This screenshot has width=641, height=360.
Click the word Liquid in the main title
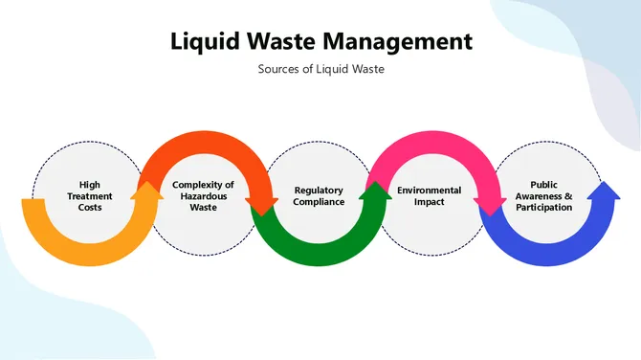coord(205,42)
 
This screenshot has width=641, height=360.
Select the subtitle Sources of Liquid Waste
coord(320,69)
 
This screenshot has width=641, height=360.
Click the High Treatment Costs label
coord(89,195)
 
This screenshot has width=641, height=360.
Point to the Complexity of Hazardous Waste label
coord(203,195)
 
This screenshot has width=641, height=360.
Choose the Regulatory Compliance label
coord(319,195)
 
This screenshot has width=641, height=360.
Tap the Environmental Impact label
coord(430,195)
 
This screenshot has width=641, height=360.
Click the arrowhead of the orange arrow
coord(147,194)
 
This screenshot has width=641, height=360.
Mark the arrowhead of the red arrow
coord(261,203)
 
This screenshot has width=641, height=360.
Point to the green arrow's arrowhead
coord(375,194)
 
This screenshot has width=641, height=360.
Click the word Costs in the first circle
coord(90,207)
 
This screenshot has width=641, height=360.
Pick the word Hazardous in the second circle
coord(203,195)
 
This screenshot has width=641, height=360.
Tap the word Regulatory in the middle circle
coord(319,190)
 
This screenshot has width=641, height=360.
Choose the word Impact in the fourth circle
coord(430,201)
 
